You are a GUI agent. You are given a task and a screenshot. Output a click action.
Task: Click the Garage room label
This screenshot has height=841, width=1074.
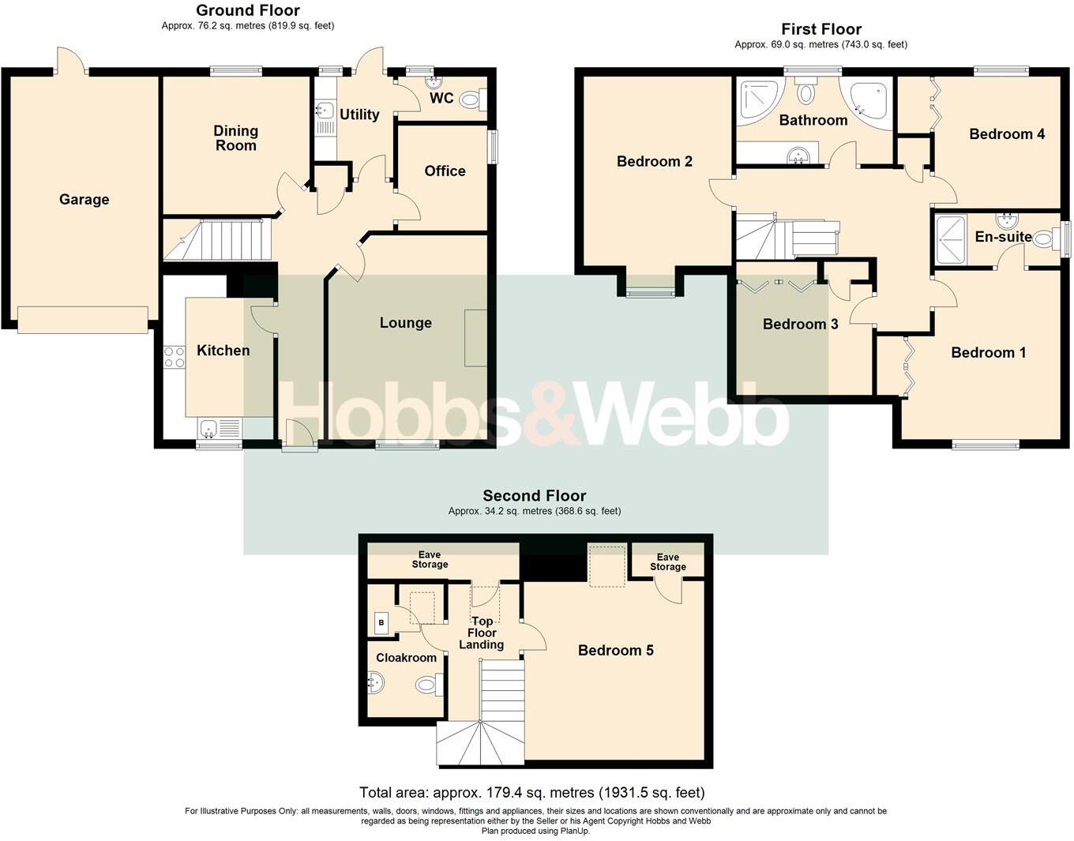tap(84, 200)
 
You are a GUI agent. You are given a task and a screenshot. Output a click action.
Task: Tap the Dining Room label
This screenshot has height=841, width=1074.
tap(235, 137)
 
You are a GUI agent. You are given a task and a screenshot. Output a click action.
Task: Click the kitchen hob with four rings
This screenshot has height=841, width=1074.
tap(174, 357)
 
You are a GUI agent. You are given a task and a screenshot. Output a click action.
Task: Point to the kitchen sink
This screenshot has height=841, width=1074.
tap(209, 429)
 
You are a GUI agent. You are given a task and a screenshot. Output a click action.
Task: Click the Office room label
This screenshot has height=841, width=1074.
tap(445, 171)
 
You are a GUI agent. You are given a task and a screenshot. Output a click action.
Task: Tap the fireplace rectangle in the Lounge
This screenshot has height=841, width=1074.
tap(475, 338)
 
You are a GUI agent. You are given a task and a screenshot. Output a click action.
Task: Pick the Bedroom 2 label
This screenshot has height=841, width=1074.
tap(654, 161)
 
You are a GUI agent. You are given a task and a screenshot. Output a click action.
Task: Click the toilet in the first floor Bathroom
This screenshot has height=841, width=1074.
tap(805, 92)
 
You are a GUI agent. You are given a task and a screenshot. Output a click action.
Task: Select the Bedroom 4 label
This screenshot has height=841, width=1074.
tap(1006, 133)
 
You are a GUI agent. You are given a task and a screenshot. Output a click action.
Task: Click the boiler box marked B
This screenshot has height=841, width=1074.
tap(382, 622)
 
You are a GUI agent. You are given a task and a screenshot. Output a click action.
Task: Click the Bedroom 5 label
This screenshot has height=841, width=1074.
tap(615, 650)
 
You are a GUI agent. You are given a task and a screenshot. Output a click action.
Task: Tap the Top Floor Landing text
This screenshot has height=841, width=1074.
tap(482, 633)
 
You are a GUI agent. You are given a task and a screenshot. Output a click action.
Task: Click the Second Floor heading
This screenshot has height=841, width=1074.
tap(534, 495)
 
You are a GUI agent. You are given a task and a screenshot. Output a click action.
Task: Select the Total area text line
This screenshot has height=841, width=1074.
tap(531, 792)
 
